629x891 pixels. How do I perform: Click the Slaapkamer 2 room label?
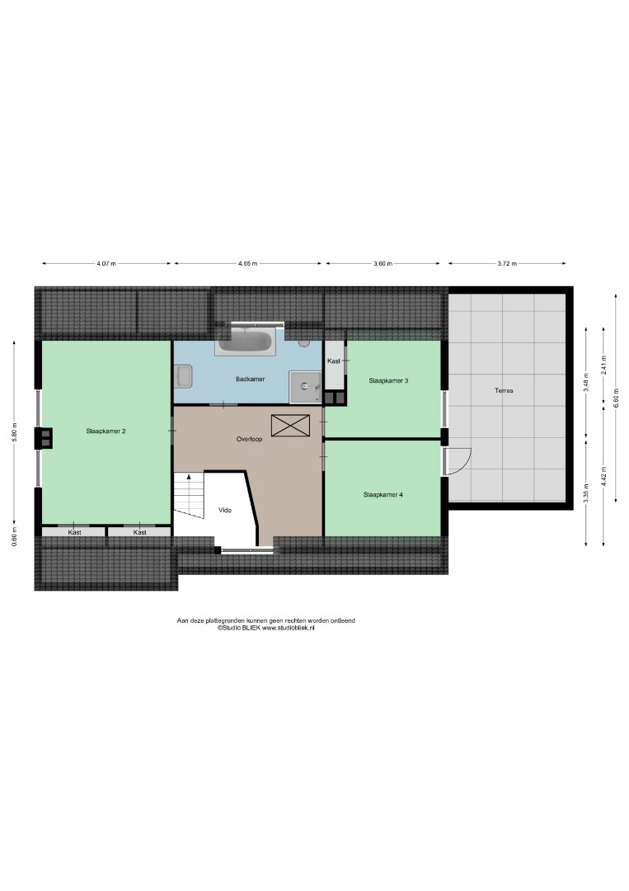106,431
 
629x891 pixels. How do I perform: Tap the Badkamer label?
251,379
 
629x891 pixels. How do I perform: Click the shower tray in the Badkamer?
305,387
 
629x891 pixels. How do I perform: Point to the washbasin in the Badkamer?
183,376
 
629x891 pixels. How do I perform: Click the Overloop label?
249,439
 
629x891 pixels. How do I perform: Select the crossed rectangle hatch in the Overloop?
290,426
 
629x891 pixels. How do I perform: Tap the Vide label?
225,511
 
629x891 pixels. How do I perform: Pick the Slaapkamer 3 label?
388,380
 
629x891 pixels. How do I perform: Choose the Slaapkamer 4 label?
383,495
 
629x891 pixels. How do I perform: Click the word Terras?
505,390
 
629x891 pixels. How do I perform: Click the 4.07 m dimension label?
106,264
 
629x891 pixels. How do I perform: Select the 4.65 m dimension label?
247,264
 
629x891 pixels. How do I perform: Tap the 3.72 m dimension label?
507,264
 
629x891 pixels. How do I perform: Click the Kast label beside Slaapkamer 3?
334,361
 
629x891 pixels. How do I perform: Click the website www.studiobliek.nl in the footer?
288,628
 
